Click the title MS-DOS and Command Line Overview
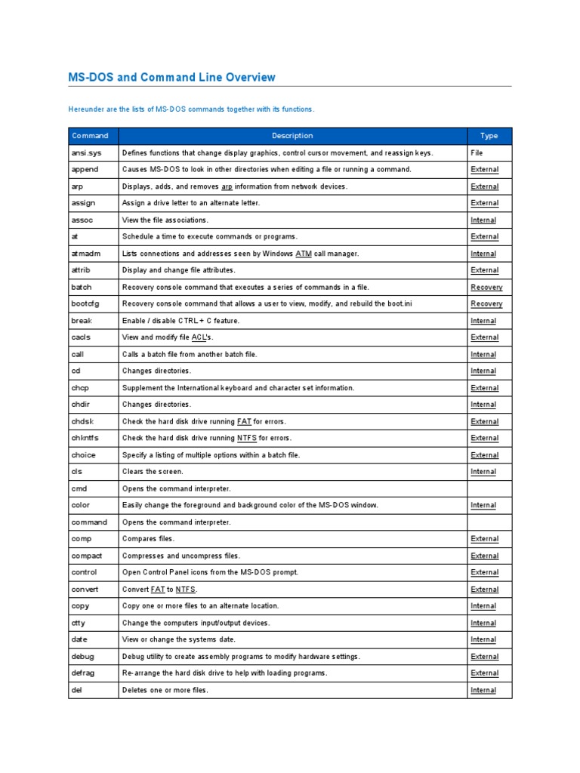[x=172, y=77]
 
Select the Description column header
[x=292, y=136]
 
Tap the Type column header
[x=489, y=136]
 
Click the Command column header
[x=90, y=136]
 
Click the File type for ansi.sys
[x=477, y=152]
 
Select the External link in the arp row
[x=484, y=186]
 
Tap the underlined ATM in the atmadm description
[x=303, y=254]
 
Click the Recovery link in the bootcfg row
[x=486, y=303]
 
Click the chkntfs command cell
[x=85, y=438]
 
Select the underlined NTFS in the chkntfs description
[x=247, y=438]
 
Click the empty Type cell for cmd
[x=489, y=488]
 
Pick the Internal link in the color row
[x=483, y=505]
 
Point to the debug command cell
[x=83, y=657]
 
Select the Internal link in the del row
[x=483, y=690]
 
